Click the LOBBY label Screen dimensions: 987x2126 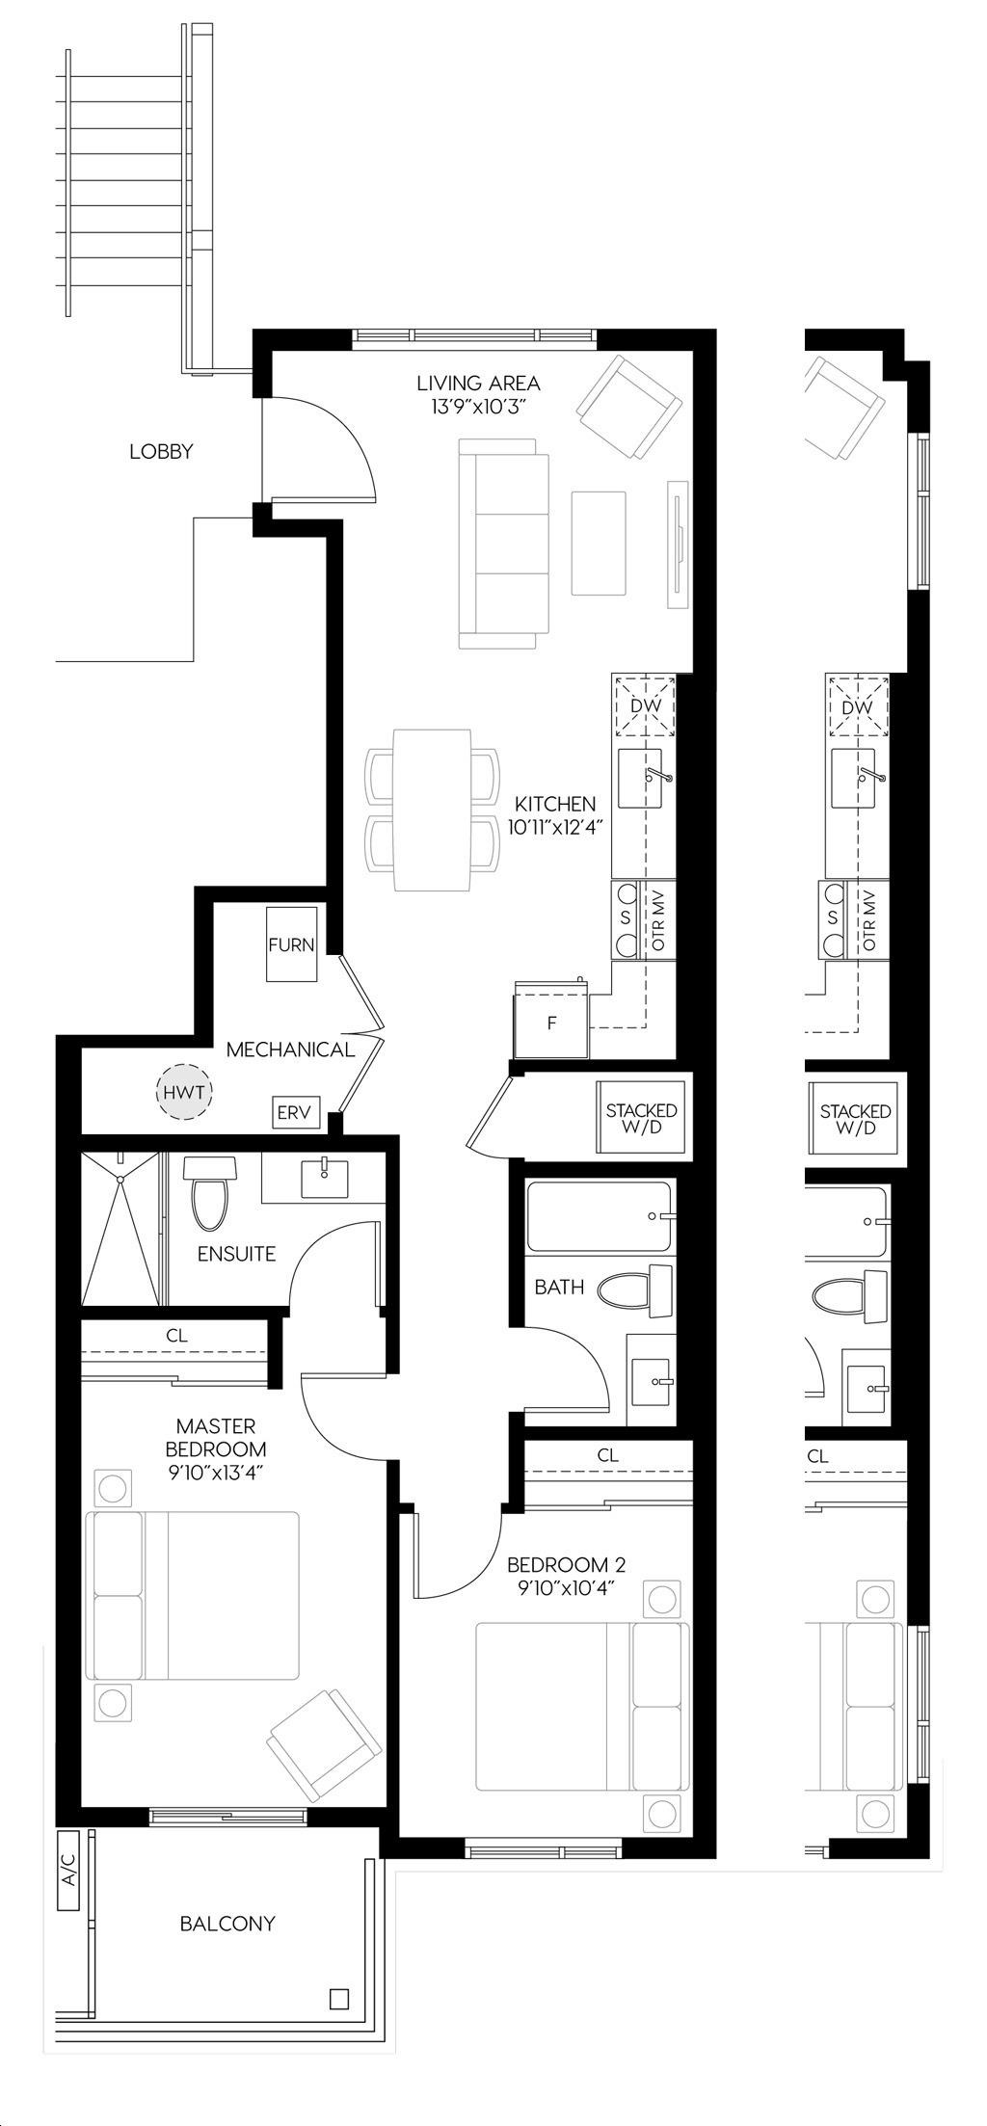click(x=161, y=451)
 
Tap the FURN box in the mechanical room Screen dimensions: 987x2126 click(x=291, y=943)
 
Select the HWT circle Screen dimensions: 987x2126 click(x=184, y=1092)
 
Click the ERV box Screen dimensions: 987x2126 click(x=294, y=1112)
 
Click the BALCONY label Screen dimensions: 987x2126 click(x=227, y=1924)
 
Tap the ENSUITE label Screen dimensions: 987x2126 click(x=236, y=1254)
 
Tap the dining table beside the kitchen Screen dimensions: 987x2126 click(x=432, y=810)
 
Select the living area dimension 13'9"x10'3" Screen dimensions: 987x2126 click(x=478, y=407)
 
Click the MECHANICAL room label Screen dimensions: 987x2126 click(x=290, y=1050)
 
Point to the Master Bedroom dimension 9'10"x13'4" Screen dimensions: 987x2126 click(x=216, y=1474)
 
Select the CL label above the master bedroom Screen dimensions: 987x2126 click(x=176, y=1336)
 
